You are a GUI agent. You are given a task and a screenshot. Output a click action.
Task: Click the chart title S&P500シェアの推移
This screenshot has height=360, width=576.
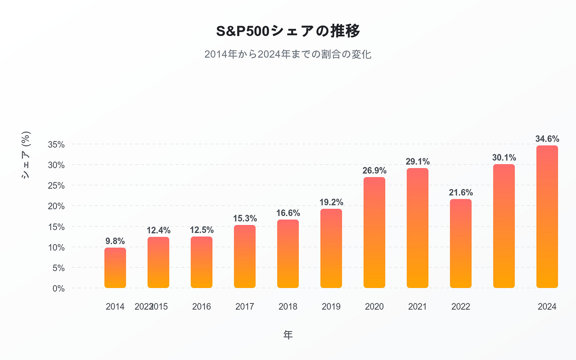click(x=288, y=31)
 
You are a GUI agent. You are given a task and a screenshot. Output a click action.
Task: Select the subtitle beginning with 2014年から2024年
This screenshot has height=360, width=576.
click(x=288, y=54)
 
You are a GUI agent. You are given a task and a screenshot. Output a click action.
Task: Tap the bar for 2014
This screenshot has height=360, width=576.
click(x=115, y=268)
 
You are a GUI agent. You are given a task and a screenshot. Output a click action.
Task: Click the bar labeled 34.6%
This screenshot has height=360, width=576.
click(x=547, y=217)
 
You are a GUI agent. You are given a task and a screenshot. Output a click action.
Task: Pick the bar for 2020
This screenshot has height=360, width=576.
click(x=374, y=233)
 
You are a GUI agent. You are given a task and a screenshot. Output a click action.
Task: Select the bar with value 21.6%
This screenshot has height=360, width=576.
click(x=461, y=243)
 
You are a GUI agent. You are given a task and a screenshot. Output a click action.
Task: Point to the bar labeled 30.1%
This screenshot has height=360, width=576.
click(x=504, y=226)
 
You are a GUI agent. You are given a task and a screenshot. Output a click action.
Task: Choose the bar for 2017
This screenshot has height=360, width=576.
click(x=245, y=256)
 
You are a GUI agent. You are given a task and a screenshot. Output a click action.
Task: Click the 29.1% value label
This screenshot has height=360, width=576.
click(x=418, y=161)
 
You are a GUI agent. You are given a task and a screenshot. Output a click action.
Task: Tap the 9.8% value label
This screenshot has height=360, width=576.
click(x=115, y=241)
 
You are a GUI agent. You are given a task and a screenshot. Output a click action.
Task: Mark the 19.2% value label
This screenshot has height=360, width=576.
click(x=331, y=202)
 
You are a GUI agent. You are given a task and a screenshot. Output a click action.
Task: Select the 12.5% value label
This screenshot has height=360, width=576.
click(x=202, y=230)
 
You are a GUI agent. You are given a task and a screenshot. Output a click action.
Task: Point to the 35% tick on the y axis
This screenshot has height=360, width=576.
click(x=56, y=144)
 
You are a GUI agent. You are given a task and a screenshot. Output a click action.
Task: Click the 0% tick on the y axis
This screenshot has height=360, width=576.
click(x=59, y=288)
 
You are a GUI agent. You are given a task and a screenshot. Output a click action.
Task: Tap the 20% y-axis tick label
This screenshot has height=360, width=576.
click(x=56, y=206)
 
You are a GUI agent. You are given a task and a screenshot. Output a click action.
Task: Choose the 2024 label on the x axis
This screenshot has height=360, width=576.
click(x=547, y=307)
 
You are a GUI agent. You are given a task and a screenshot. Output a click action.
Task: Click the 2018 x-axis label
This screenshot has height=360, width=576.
click(x=288, y=307)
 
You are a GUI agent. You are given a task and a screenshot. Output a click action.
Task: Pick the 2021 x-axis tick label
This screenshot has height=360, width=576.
click(x=418, y=307)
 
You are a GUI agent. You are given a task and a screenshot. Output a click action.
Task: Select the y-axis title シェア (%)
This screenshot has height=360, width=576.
click(x=26, y=155)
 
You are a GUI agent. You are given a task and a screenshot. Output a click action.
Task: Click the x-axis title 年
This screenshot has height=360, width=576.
click(x=288, y=335)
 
